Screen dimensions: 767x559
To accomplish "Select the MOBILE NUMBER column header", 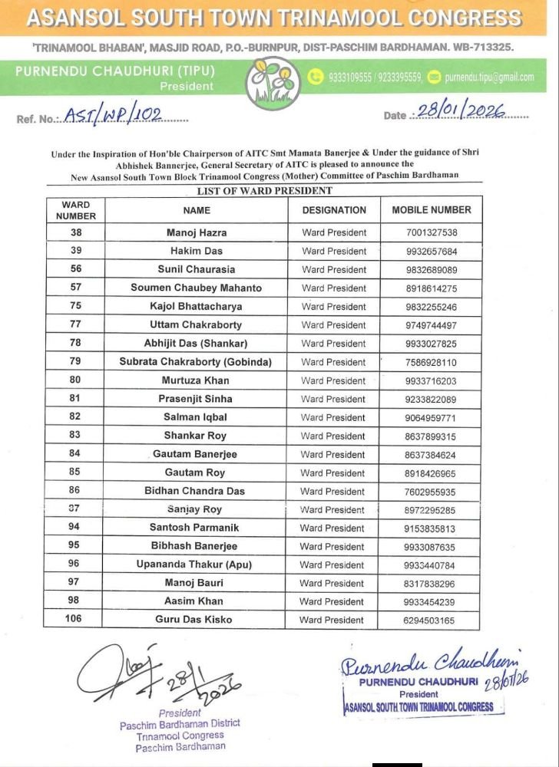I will [432, 209].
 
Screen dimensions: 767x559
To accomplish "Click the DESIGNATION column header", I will [334, 209].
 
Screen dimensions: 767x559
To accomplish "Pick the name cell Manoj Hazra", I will [197, 232].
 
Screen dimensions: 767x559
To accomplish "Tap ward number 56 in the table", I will [76, 269].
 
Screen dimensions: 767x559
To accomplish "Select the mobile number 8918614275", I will [431, 288].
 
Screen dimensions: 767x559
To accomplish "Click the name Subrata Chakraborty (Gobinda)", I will [196, 362].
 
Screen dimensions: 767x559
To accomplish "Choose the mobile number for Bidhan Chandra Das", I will [431, 492].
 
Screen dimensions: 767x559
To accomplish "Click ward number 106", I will [76, 620].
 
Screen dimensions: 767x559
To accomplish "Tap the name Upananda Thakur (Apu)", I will [196, 565].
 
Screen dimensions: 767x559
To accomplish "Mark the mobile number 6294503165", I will [431, 620].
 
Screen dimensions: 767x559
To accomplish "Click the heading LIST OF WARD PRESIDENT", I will [264, 191].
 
